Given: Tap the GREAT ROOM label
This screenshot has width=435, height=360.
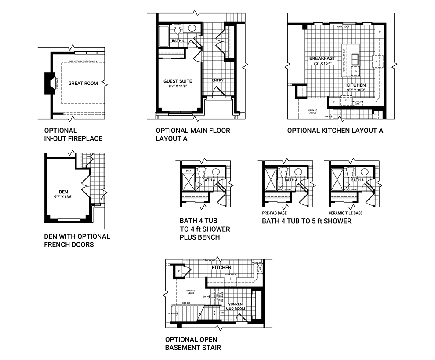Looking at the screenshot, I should click(83, 83).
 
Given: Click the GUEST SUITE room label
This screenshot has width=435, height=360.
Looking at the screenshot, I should click(178, 81).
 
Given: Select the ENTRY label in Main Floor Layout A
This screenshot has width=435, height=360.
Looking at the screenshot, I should click(217, 80).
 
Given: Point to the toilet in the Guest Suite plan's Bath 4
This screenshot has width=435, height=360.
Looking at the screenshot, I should click(178, 30).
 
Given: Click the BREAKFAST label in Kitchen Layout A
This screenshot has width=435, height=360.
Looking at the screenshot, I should click(322, 58).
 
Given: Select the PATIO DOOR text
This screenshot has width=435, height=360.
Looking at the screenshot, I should click(343, 27).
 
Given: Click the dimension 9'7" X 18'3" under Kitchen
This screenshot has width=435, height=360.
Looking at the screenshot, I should click(356, 90).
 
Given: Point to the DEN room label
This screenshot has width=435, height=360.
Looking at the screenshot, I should click(63, 192).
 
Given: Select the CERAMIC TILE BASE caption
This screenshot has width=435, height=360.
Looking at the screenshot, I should click(345, 213).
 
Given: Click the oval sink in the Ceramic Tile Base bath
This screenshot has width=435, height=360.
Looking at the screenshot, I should click(364, 172).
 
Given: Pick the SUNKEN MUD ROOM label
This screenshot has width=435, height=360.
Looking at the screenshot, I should click(236, 306).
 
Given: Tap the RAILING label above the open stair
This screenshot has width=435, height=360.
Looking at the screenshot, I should click(186, 303).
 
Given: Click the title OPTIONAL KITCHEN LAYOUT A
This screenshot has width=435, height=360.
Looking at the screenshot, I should click(335, 131).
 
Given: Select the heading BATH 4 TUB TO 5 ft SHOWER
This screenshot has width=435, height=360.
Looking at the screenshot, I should click(306, 221).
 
